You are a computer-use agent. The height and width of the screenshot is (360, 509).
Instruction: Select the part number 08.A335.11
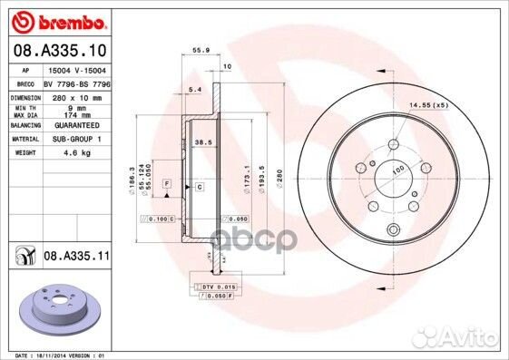tap(76, 258)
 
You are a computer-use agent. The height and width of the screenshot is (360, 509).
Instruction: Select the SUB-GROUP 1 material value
tap(73, 140)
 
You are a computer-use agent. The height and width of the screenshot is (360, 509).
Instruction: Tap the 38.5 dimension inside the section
tap(202, 143)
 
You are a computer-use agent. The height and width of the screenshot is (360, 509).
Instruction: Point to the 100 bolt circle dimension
tap(396, 170)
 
